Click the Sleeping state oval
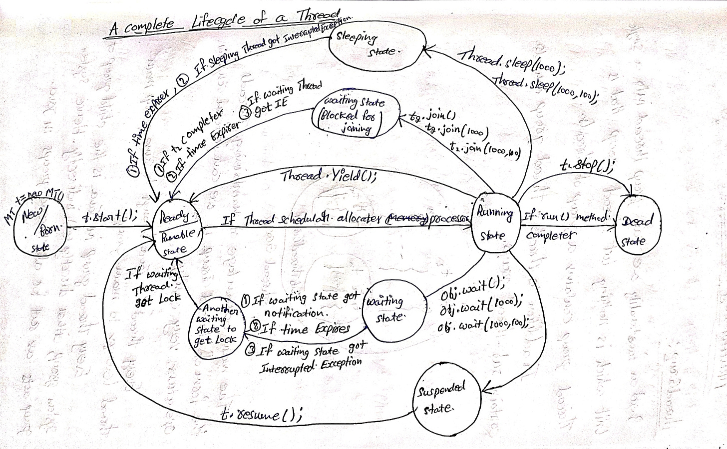pyautogui.click(x=377, y=44)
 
